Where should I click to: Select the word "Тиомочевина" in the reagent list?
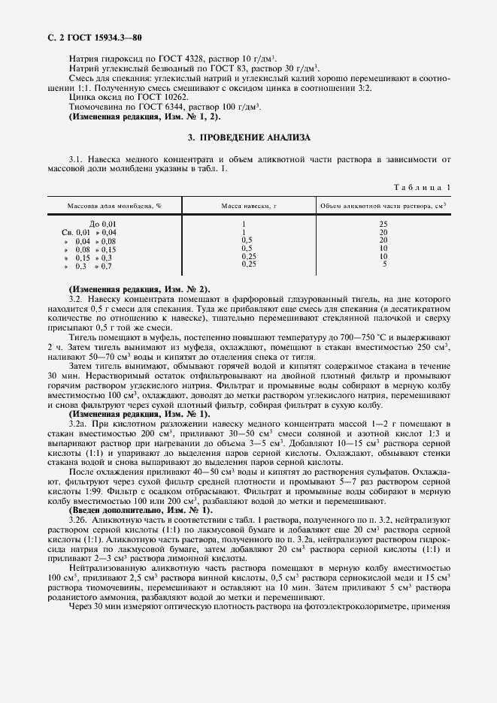click(x=92, y=107)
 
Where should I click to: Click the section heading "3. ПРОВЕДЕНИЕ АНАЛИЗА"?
click(x=247, y=137)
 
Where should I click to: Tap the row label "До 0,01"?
click(x=103, y=224)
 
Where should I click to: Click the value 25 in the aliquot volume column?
click(x=383, y=224)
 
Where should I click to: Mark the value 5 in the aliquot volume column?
click(x=384, y=264)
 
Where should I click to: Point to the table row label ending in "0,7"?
click(x=88, y=266)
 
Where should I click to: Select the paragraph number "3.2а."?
click(x=78, y=424)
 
